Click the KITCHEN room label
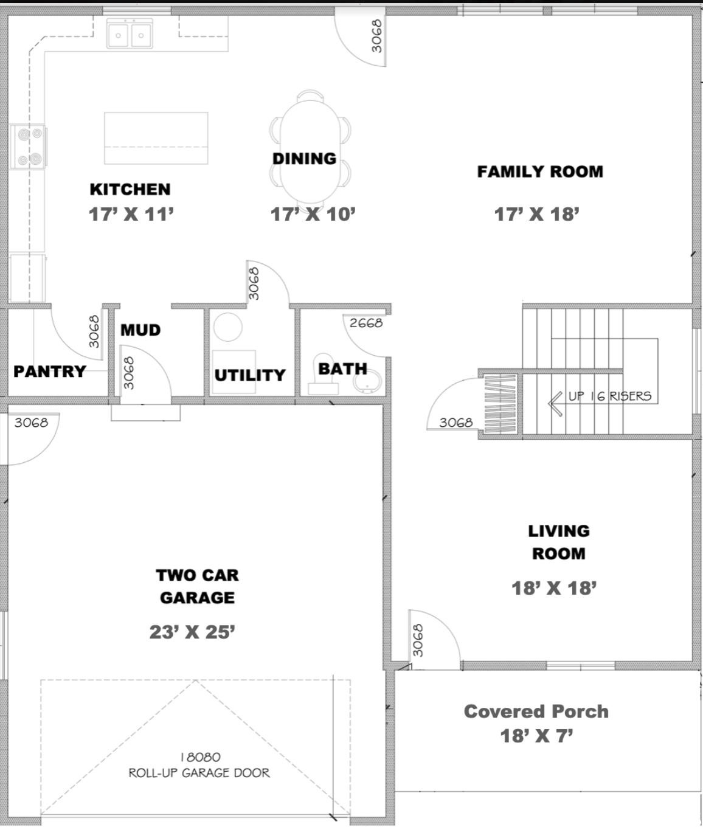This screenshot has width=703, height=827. [130, 189]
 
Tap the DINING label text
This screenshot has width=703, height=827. [305, 159]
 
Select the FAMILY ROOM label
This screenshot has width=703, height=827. [540, 171]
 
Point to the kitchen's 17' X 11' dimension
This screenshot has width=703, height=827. [131, 214]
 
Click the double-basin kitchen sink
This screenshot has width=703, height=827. [130, 33]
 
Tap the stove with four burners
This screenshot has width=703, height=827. [28, 147]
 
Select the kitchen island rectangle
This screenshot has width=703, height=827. [156, 138]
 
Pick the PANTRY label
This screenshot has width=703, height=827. [50, 372]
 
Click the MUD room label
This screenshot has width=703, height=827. [140, 330]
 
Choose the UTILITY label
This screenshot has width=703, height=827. [250, 375]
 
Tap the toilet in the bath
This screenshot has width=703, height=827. [324, 374]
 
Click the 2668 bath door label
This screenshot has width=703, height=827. [366, 323]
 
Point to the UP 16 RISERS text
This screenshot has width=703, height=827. [610, 396]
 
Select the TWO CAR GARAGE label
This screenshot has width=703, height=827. [197, 587]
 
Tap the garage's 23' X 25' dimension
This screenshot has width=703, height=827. [192, 632]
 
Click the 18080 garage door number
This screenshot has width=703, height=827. [201, 758]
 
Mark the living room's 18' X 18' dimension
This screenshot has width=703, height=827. [554, 588]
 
